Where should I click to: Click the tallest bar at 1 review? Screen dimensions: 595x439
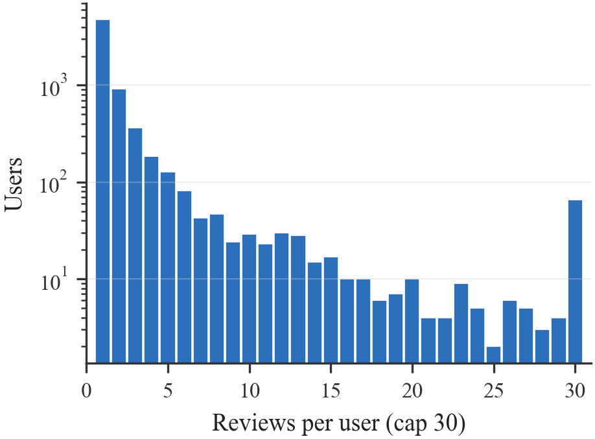click(x=103, y=191)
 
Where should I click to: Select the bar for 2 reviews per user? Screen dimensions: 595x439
click(x=119, y=226)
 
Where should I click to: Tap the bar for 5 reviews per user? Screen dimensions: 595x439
click(x=168, y=268)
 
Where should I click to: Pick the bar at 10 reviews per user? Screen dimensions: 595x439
click(x=250, y=299)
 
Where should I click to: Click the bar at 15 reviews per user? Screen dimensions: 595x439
click(x=331, y=310)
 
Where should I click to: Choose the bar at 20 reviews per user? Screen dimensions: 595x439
click(x=412, y=321)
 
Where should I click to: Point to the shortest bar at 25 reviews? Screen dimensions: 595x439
click(x=494, y=355)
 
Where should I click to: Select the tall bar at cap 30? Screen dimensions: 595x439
click(x=576, y=282)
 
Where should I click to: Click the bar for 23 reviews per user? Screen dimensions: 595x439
click(x=461, y=324)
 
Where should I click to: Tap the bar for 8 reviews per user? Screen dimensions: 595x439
click(x=216, y=289)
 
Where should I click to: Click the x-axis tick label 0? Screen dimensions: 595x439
click(x=86, y=390)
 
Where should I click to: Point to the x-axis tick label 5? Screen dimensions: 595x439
click(x=168, y=390)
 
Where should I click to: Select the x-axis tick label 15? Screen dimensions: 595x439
click(x=331, y=390)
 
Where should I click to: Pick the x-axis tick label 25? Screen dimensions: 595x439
click(x=494, y=390)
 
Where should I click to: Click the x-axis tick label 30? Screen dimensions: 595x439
click(x=576, y=390)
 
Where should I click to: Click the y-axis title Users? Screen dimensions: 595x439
click(x=14, y=184)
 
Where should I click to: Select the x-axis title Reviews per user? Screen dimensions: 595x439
click(x=296, y=423)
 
